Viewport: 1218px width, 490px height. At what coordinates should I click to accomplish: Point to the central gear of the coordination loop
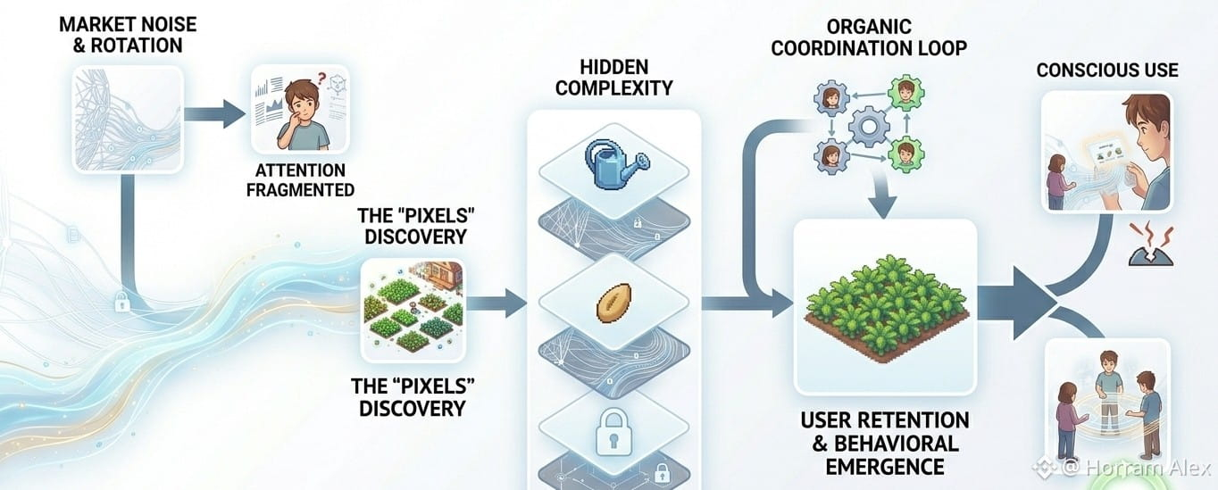click(868, 126)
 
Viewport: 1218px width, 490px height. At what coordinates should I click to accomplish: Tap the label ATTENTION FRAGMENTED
click(300, 179)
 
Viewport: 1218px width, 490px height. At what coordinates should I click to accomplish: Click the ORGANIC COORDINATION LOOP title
click(868, 37)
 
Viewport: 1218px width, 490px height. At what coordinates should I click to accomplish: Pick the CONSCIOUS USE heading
click(1107, 70)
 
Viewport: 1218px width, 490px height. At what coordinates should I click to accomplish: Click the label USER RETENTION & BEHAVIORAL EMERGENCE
click(884, 443)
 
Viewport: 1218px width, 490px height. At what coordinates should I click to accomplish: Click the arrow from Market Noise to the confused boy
click(219, 113)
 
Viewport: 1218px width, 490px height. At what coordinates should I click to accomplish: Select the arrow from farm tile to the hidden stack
click(500, 304)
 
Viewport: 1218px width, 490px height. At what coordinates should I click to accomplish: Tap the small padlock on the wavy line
click(120, 303)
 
